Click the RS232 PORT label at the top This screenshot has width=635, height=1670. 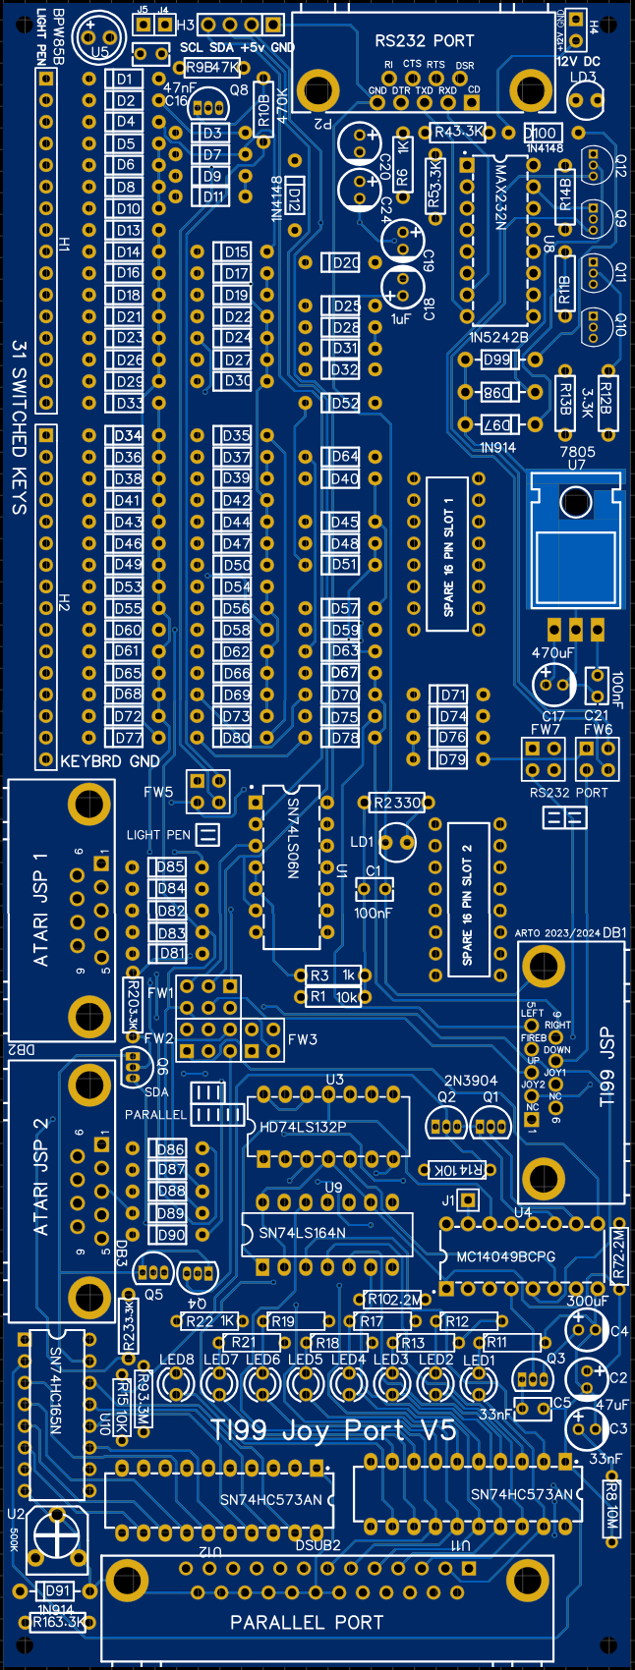click(x=425, y=40)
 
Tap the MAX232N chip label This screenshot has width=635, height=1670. click(x=500, y=196)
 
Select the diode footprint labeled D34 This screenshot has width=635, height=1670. click(x=128, y=435)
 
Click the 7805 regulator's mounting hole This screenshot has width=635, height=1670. click(x=573, y=503)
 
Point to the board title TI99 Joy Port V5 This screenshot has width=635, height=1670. click(x=334, y=1430)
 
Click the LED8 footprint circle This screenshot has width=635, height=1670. click(x=177, y=1385)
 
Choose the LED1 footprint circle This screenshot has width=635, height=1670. click(x=479, y=1385)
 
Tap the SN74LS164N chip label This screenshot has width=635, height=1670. click(x=302, y=1233)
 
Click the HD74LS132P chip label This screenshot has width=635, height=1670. click(x=303, y=1127)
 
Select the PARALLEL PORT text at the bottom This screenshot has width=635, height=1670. click(x=306, y=1623)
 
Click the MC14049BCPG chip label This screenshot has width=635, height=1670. click(x=505, y=1256)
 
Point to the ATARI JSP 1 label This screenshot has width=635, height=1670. click(x=41, y=909)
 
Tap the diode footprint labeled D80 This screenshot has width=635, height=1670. click(x=236, y=738)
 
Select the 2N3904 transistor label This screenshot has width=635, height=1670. click(x=471, y=1081)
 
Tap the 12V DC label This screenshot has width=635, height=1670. click(x=578, y=61)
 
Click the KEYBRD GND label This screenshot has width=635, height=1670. click(x=110, y=761)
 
